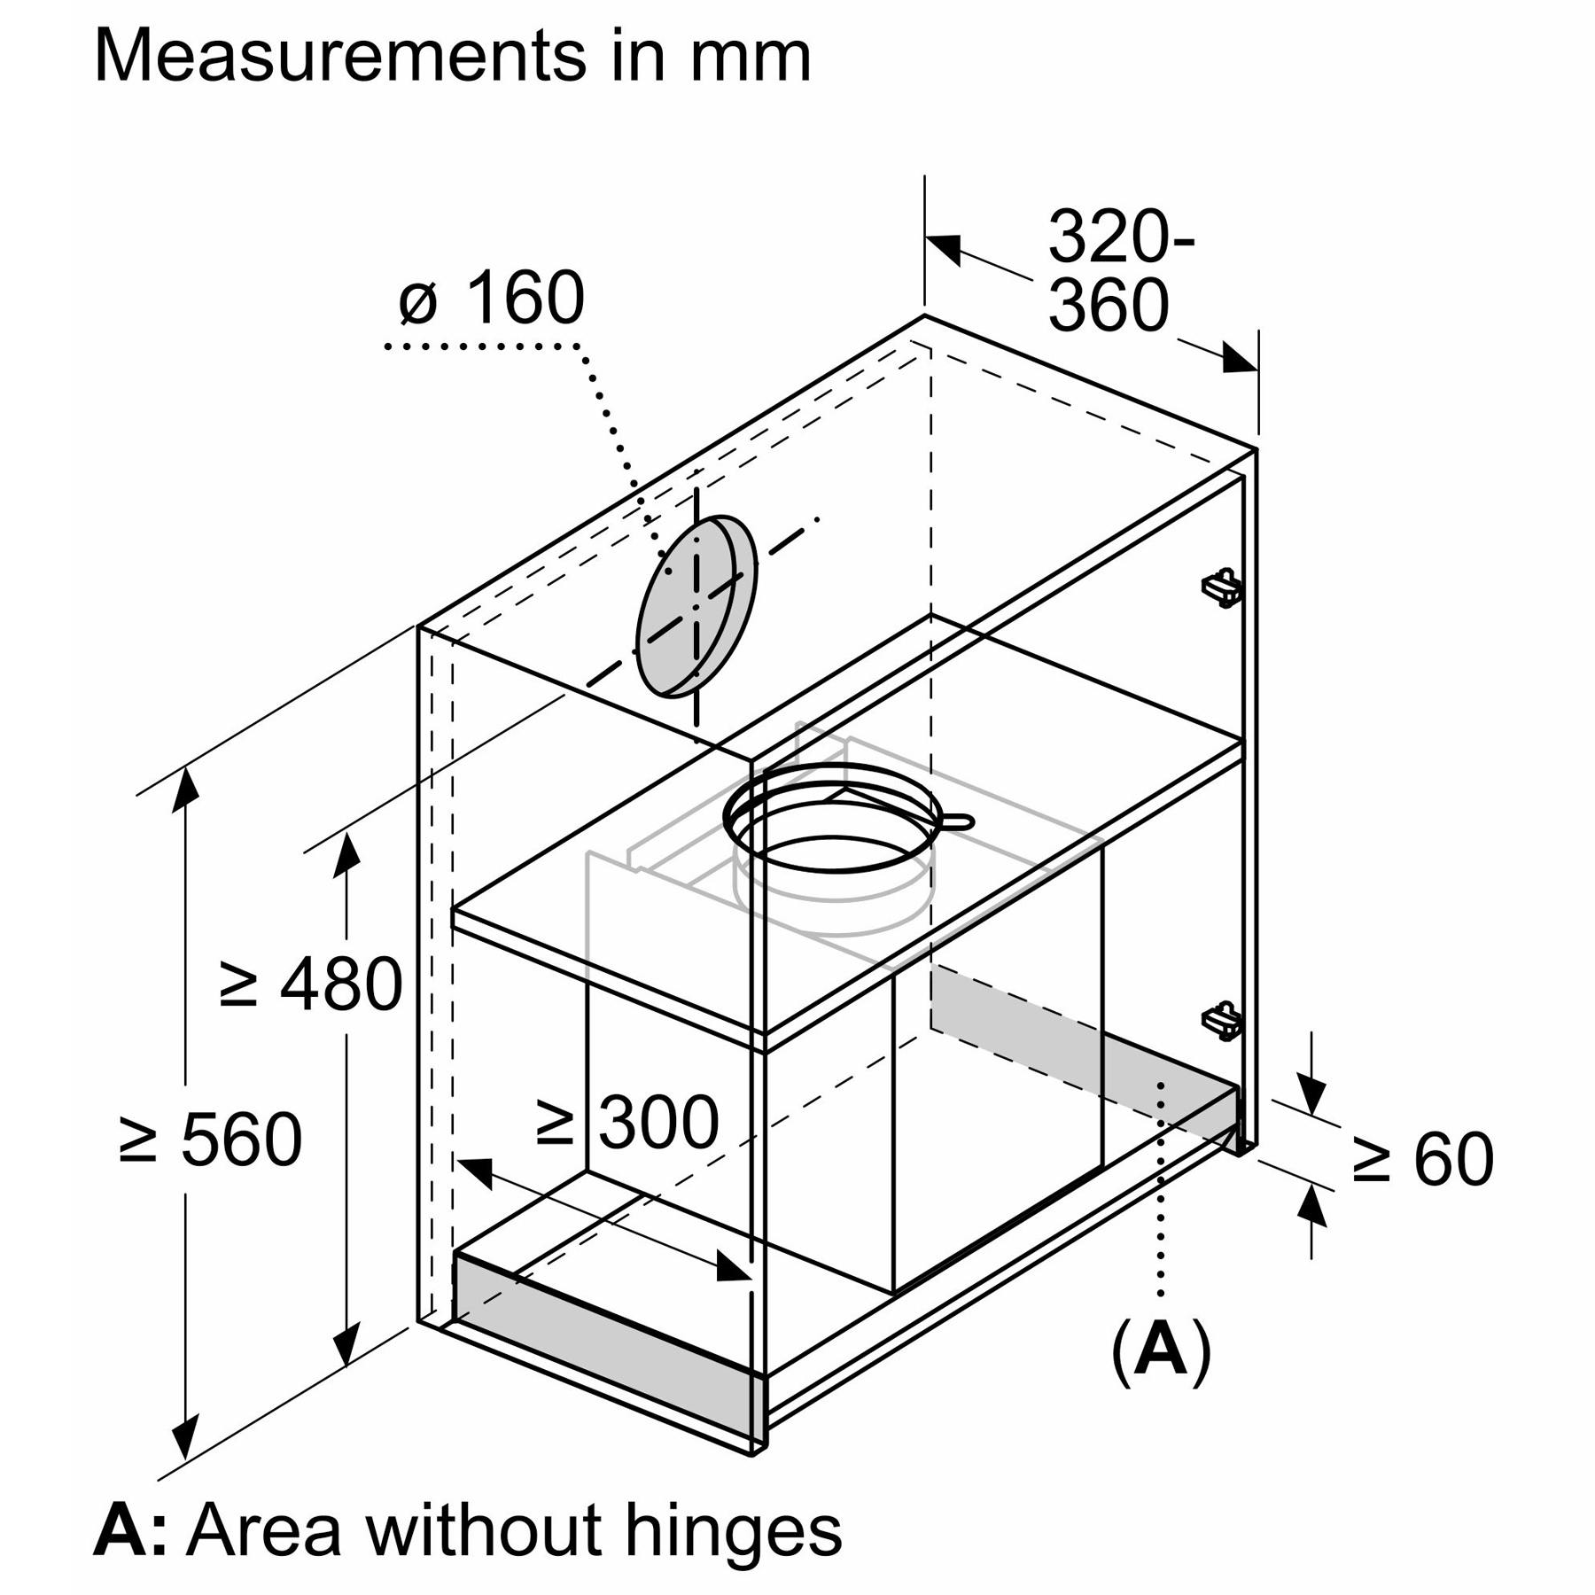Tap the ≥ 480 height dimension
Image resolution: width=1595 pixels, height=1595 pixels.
311,984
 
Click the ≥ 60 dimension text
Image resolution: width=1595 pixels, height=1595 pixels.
1423,1159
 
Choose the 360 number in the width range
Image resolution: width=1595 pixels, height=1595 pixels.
1109,306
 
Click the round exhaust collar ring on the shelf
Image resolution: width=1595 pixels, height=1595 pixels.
830,824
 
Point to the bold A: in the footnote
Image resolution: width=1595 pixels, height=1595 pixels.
129,1530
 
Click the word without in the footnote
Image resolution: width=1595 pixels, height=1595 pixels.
483,1530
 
